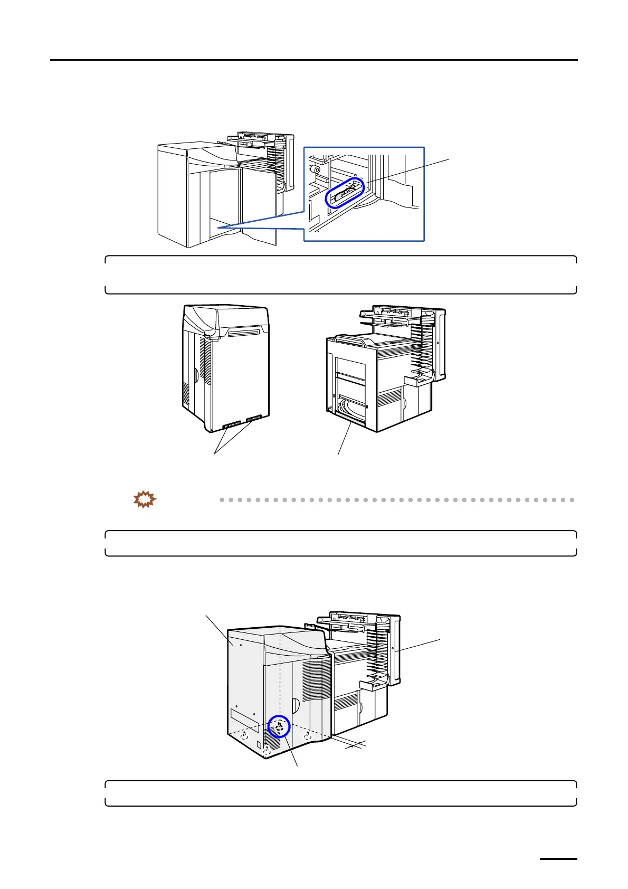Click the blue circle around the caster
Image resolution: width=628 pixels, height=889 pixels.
[x=279, y=726]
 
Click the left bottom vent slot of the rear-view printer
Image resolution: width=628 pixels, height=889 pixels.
[x=231, y=424]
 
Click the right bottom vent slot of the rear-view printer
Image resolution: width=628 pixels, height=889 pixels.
[x=253, y=419]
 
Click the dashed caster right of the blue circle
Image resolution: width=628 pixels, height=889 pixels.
[x=307, y=735]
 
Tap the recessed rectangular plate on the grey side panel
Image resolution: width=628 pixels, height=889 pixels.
[x=245, y=721]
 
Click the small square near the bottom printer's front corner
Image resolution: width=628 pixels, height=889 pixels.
[x=259, y=744]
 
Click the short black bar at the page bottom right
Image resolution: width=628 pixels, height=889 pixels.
[x=559, y=859]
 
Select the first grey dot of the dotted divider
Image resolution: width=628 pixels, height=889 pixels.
[x=223, y=499]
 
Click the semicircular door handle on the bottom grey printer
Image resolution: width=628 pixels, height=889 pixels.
[x=296, y=705]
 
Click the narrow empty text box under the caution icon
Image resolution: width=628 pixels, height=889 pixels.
[x=340, y=543]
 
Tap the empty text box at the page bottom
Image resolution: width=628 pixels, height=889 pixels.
[x=340, y=793]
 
